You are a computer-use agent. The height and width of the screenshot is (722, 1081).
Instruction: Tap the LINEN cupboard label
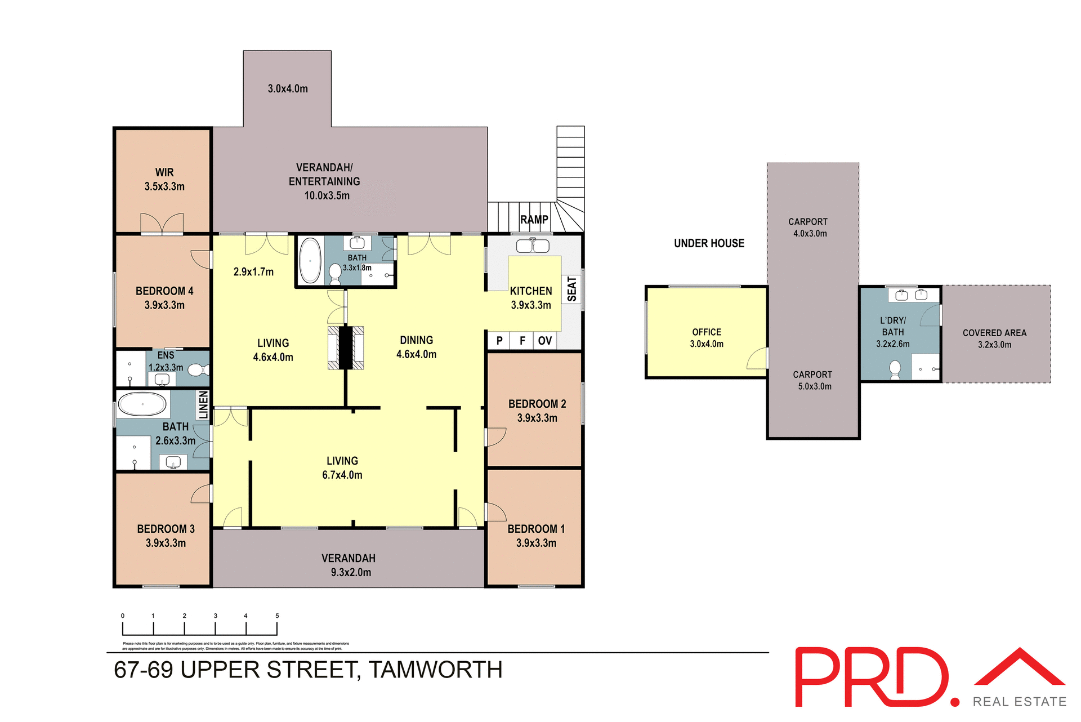click(203, 404)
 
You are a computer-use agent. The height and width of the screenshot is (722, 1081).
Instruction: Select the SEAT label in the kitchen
click(572, 289)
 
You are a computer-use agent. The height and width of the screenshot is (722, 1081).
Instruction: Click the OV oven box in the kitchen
click(544, 341)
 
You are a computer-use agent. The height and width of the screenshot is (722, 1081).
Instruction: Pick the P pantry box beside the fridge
click(499, 341)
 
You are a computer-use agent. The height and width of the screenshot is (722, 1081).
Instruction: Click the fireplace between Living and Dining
click(346, 348)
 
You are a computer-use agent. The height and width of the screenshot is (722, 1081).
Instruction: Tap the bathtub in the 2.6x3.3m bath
click(142, 404)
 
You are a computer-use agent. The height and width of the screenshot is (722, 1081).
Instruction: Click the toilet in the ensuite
click(197, 370)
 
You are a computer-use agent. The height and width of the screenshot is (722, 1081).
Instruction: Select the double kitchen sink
click(533, 246)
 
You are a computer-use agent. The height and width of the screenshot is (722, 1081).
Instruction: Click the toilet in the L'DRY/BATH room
click(895, 369)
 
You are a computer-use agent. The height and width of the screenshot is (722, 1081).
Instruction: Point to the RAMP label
click(534, 220)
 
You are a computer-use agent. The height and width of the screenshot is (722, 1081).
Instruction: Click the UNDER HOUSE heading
click(709, 243)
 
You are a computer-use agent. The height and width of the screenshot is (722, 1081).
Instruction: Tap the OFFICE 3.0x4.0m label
click(707, 338)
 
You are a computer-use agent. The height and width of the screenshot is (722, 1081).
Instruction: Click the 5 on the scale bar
click(277, 616)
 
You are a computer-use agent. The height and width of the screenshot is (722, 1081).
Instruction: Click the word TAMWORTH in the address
click(435, 670)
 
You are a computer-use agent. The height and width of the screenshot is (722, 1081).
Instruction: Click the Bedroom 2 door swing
click(495, 437)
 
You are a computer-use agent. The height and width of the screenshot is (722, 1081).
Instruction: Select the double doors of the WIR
click(162, 224)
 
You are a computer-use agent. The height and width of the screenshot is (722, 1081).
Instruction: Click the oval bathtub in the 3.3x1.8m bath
click(310, 260)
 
